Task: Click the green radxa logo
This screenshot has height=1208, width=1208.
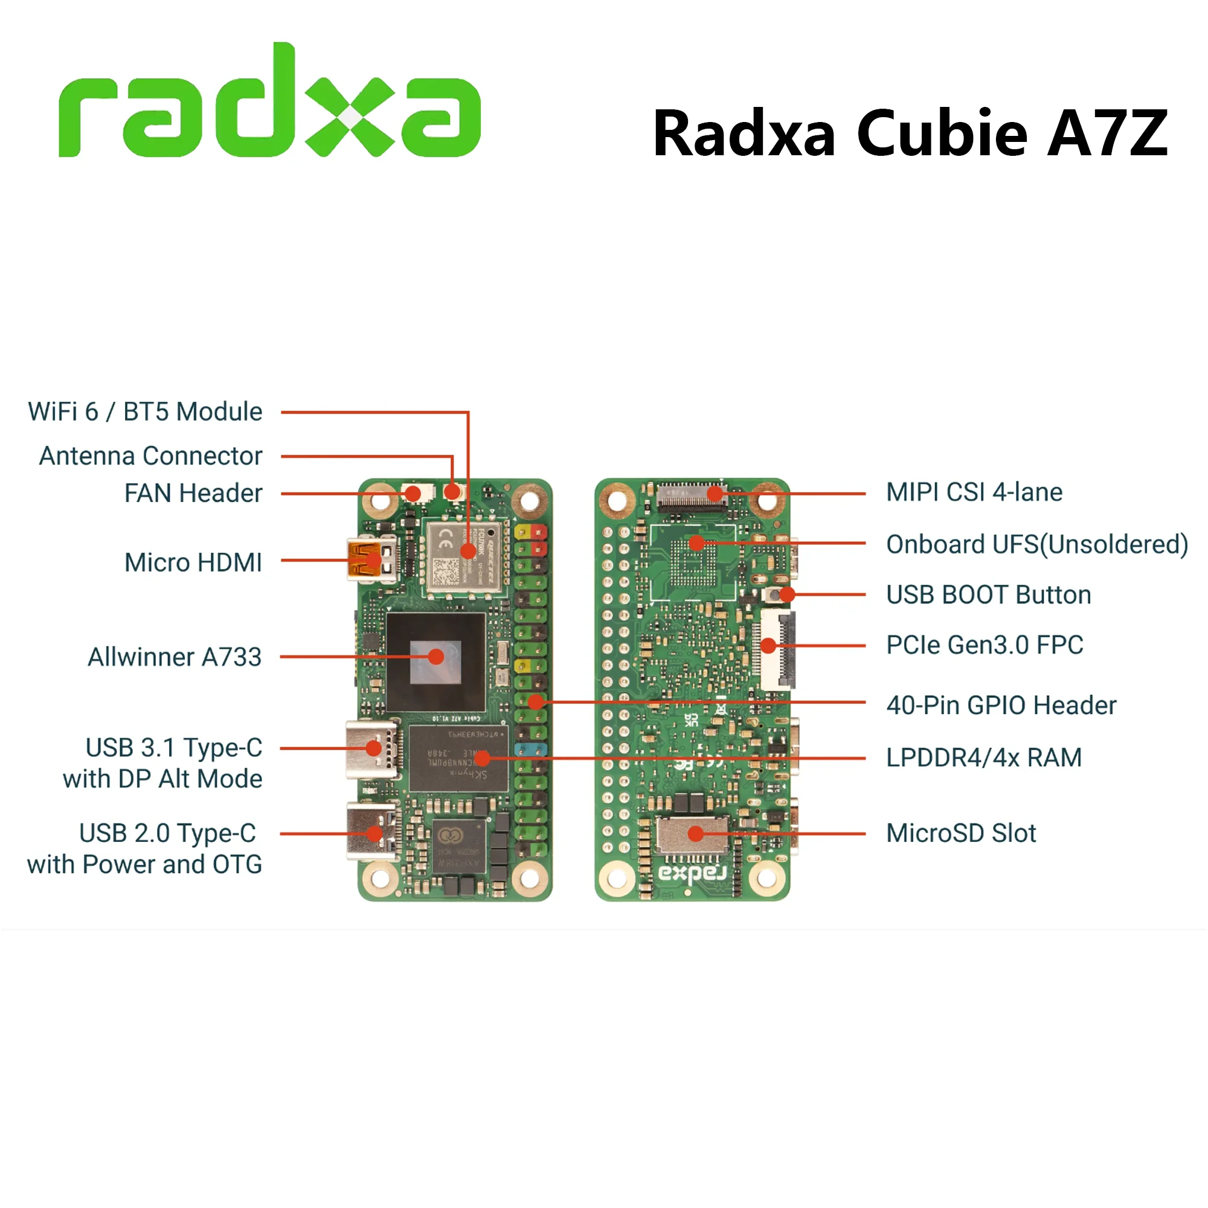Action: [x=269, y=103]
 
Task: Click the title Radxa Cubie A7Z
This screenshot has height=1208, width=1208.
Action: [x=910, y=133]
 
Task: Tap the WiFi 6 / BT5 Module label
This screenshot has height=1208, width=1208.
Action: [x=145, y=412]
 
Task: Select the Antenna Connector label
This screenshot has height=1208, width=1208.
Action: [x=150, y=456]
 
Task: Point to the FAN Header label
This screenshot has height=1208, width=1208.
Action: [x=193, y=493]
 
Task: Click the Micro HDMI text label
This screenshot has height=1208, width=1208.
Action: [x=193, y=562]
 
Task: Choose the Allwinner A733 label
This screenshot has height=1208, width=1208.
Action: [x=175, y=657]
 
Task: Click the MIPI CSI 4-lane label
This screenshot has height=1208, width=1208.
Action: [x=974, y=492]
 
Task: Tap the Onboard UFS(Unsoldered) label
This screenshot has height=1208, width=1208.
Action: [x=1036, y=545]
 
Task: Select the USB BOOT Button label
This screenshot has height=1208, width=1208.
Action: [x=989, y=594]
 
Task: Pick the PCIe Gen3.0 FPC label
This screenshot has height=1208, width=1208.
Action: [x=985, y=644]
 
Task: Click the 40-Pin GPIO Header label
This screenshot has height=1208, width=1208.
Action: [x=1001, y=705]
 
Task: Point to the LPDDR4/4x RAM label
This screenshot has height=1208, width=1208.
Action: [x=983, y=758]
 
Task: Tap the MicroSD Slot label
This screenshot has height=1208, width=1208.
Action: [x=961, y=834]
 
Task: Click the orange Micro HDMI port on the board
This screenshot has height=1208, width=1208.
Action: [x=366, y=560]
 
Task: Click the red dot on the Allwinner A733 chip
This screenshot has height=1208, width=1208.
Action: [x=437, y=657]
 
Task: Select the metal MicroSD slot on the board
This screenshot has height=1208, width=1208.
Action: [x=693, y=835]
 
